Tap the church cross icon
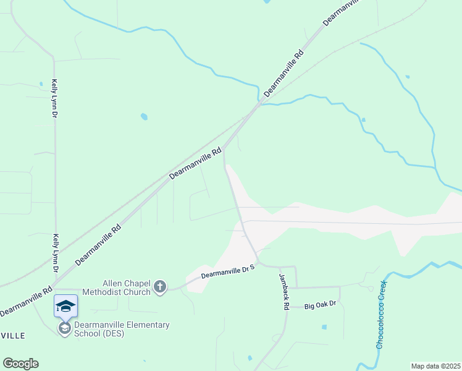(160, 286)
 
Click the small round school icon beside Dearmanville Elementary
(64, 328)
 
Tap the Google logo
(20, 363)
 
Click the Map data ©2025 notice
(435, 366)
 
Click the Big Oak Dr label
(320, 304)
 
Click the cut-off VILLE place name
(12, 335)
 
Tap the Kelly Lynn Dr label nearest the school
(56, 254)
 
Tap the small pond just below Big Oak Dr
(324, 326)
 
